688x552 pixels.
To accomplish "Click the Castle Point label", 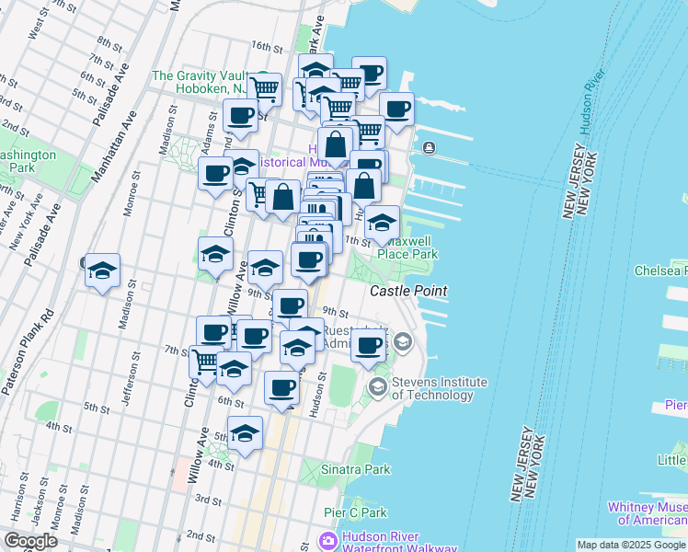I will pyautogui.click(x=408, y=291).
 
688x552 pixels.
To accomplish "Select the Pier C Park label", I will pyautogui.click(x=355, y=512).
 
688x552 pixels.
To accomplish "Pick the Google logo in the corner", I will pyautogui.click(x=30, y=541).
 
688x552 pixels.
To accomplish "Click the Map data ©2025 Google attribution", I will pyautogui.click(x=631, y=545).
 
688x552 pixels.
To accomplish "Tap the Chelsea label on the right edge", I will pyautogui.click(x=660, y=270).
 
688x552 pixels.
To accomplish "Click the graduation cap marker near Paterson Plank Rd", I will pyautogui.click(x=103, y=270).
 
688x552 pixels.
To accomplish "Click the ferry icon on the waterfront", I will pyautogui.click(x=429, y=148).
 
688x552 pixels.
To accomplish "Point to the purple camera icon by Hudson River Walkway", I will pyautogui.click(x=327, y=539).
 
